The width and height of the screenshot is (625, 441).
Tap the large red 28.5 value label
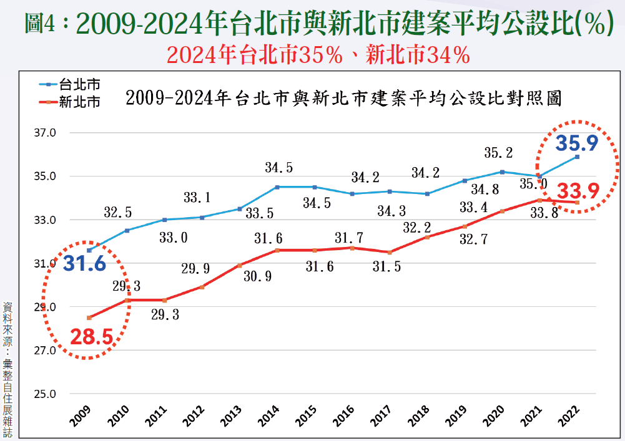pos(91,337)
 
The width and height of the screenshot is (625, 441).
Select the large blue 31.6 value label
pos(84,264)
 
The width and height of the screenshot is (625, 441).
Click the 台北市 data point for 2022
pos(577,157)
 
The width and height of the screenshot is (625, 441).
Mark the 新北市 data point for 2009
pos(89,317)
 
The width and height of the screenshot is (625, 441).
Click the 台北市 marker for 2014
pos(277,187)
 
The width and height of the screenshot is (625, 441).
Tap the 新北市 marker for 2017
pos(390,252)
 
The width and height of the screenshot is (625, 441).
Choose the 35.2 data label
pos(498,153)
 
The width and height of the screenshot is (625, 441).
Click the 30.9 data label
pos(257,276)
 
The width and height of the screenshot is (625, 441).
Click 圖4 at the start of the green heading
pos(42,24)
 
